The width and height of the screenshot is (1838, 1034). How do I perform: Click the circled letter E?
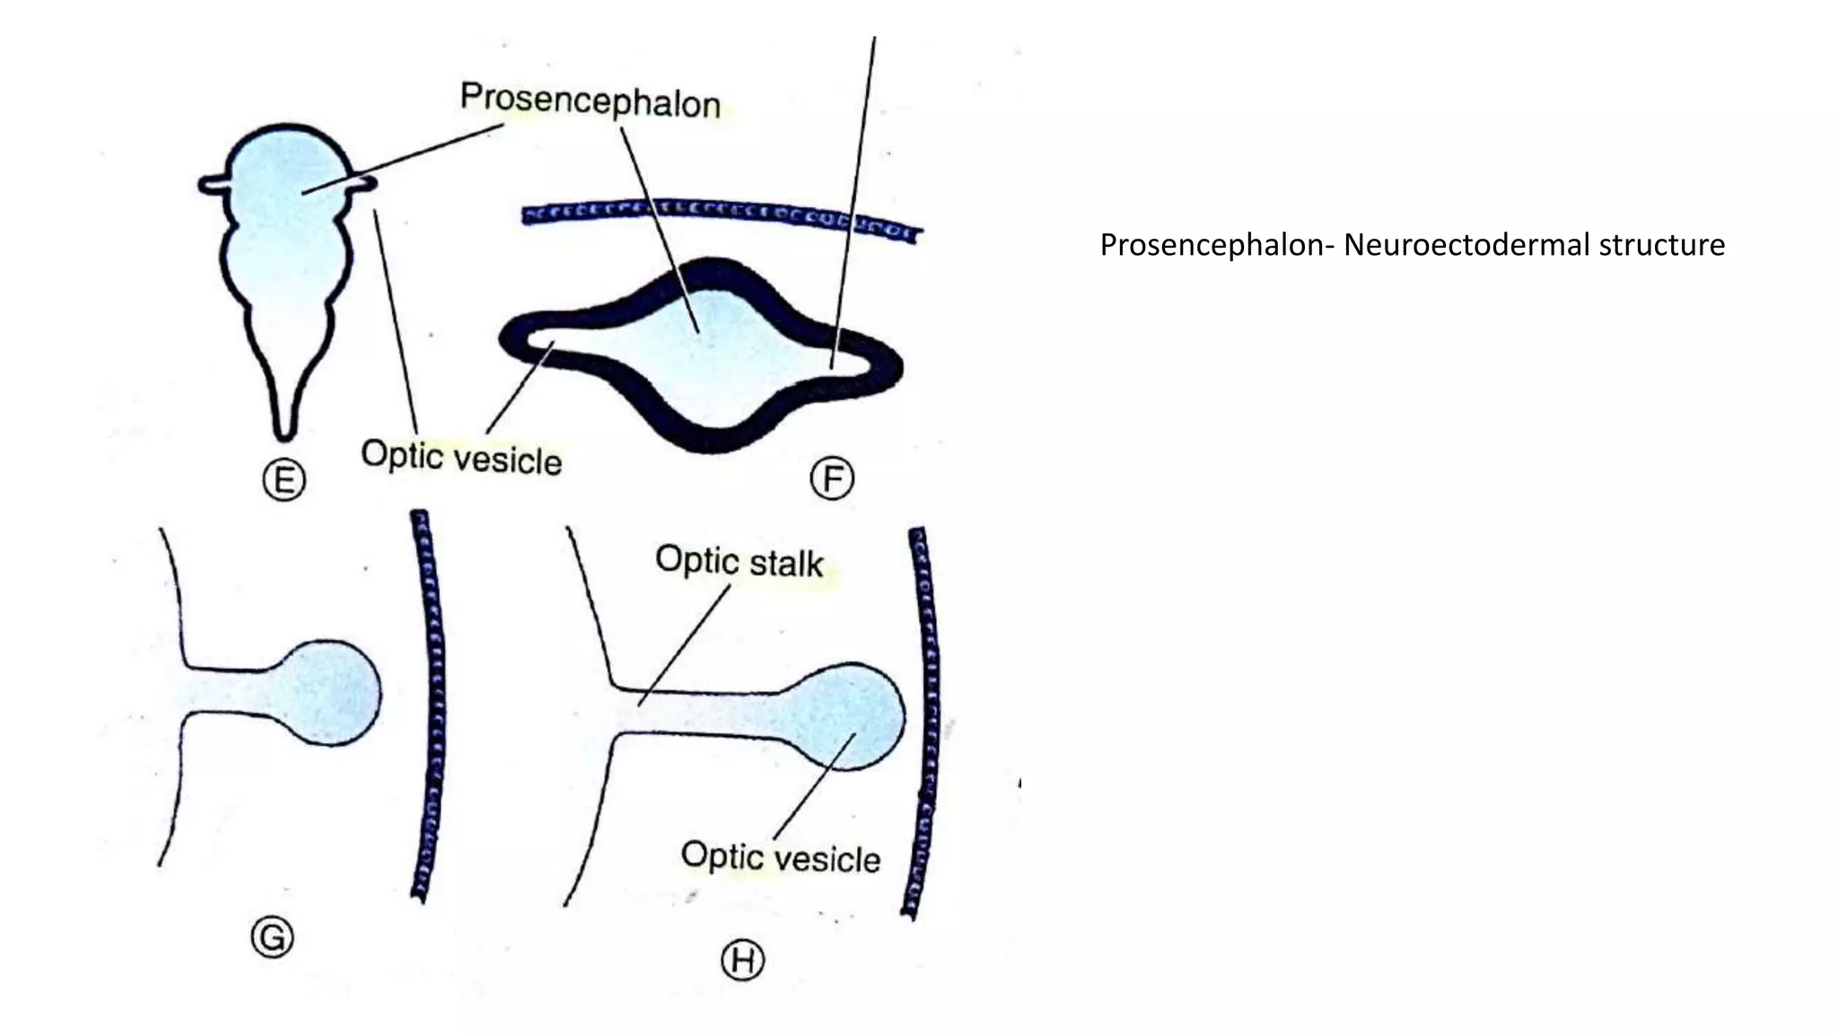(284, 481)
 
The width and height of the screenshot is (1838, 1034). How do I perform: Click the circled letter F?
(832, 478)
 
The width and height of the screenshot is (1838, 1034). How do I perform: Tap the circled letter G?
(272, 938)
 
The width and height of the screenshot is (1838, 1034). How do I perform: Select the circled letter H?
(743, 960)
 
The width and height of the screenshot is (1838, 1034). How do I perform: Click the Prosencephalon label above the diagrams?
(590, 101)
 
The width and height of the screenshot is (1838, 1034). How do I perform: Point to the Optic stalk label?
(739, 562)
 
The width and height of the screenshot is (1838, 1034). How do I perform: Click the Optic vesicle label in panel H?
(780, 857)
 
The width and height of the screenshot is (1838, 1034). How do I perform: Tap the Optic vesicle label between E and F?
(461, 458)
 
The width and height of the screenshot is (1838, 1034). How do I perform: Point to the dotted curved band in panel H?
(924, 718)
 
